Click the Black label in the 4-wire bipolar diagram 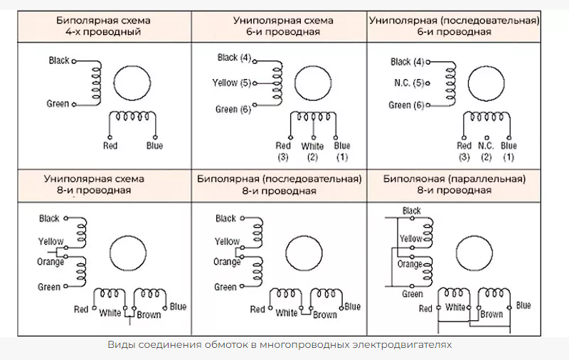click(59, 60)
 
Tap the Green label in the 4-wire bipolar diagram click(58, 104)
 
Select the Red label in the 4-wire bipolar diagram click(110, 146)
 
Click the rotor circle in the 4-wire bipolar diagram click(132, 80)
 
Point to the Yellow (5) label click(232, 83)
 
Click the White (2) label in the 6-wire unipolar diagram click(312, 151)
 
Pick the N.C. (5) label click(409, 83)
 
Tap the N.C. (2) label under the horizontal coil click(486, 151)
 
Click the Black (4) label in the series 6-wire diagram click(412, 62)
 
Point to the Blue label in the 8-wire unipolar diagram click(178, 307)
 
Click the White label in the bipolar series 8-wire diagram click(286, 313)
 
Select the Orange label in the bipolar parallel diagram click(410, 264)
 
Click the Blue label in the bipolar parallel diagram click(523, 305)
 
